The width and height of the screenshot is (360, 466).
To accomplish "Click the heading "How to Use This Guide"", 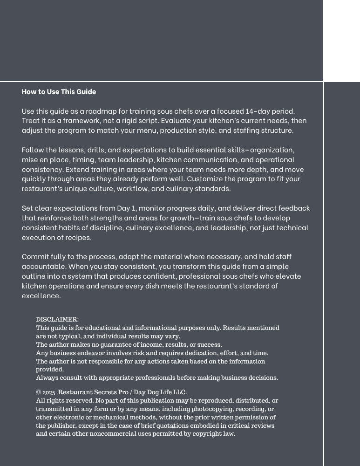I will click(x=59, y=92).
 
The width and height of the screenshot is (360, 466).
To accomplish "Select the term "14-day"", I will click(x=260, y=111).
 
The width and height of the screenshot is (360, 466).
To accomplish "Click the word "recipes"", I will click(x=76, y=238).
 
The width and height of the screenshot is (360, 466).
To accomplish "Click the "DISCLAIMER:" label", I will click(x=57, y=319).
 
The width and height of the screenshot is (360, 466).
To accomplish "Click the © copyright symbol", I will click(x=39, y=392).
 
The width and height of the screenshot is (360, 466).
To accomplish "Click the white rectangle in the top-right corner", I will click(x=342, y=41).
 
